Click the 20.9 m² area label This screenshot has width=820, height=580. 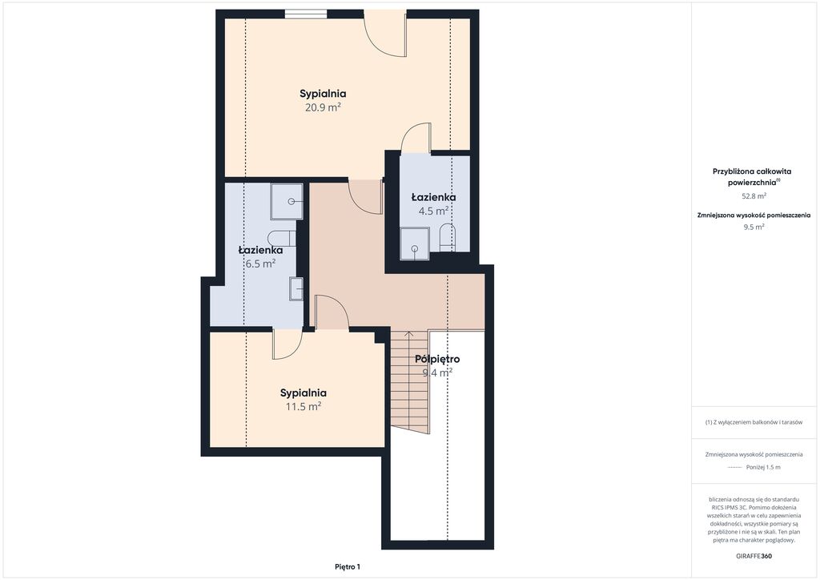coord(324,107)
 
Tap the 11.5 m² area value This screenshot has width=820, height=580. coord(303,406)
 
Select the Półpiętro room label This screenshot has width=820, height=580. coord(437,359)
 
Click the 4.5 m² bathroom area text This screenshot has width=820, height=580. coord(433,211)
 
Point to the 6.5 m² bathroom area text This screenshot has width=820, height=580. coord(260,264)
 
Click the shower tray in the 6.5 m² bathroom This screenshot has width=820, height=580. coord(287,201)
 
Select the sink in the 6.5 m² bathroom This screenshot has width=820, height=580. coord(296,288)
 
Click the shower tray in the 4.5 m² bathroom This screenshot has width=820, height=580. coord(415,244)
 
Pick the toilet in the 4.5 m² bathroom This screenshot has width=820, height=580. coord(447,238)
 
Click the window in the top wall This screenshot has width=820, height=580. coord(306,14)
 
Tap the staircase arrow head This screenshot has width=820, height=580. coord(409,333)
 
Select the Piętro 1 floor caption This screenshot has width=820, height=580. coord(348,566)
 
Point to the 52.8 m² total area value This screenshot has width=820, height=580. coord(754,196)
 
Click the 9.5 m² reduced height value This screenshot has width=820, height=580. coord(754,227)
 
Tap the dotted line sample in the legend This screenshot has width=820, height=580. coord(735,468)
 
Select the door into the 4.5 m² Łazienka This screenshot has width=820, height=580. coord(416,139)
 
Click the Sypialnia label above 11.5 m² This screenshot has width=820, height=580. coord(303,393)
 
